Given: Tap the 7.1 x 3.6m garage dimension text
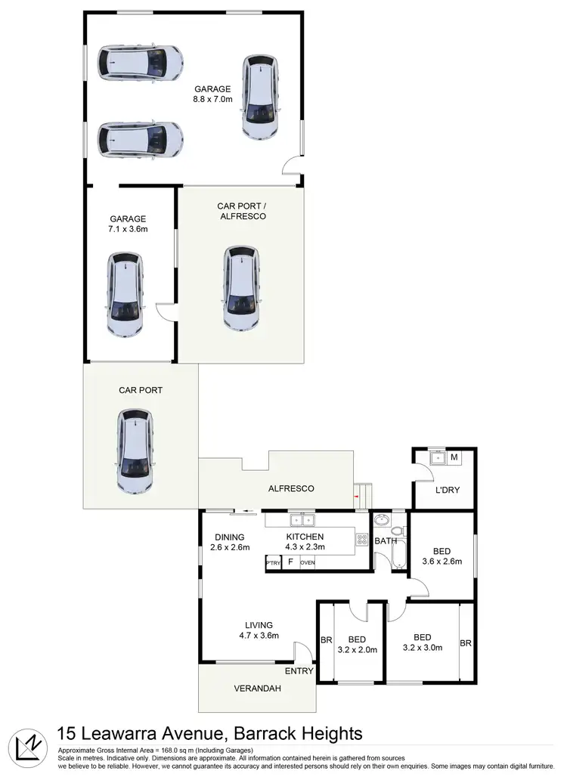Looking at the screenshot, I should tap(127, 228).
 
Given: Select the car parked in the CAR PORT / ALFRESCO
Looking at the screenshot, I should tap(241, 288).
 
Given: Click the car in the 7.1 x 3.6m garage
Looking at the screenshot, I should tap(125, 295).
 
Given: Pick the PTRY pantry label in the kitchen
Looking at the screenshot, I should tap(273, 563).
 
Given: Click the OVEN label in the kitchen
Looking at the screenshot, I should tap(308, 563).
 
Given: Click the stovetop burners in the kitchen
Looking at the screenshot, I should tap(361, 540).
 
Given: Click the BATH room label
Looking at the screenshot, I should tap(386, 541).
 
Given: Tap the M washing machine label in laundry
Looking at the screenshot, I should tap(454, 457).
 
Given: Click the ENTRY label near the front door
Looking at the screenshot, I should tap(299, 671).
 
